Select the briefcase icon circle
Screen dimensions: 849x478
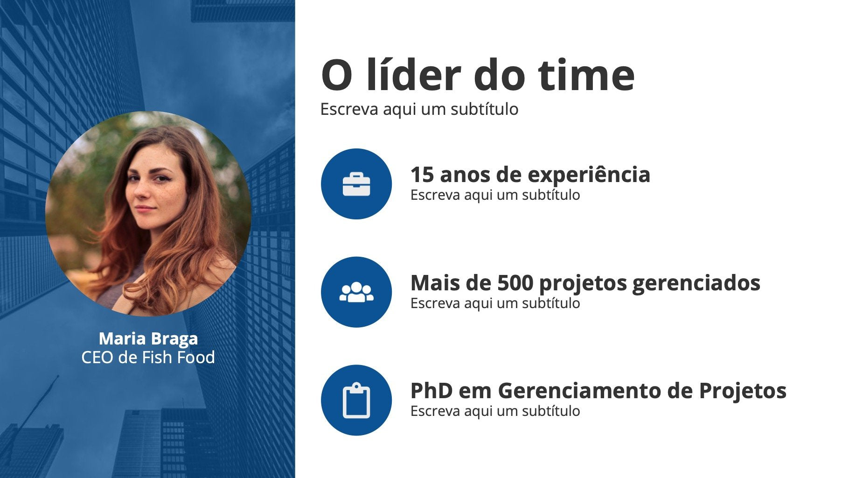356,184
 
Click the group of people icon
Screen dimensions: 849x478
356,292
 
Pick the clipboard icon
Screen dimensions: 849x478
356,401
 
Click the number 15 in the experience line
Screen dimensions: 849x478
422,175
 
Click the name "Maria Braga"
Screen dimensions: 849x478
148,338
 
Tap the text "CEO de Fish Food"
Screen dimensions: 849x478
148,358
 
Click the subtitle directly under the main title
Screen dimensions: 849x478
419,109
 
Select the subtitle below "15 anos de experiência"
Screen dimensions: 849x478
495,195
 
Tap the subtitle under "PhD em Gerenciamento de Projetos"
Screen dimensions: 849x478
495,411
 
